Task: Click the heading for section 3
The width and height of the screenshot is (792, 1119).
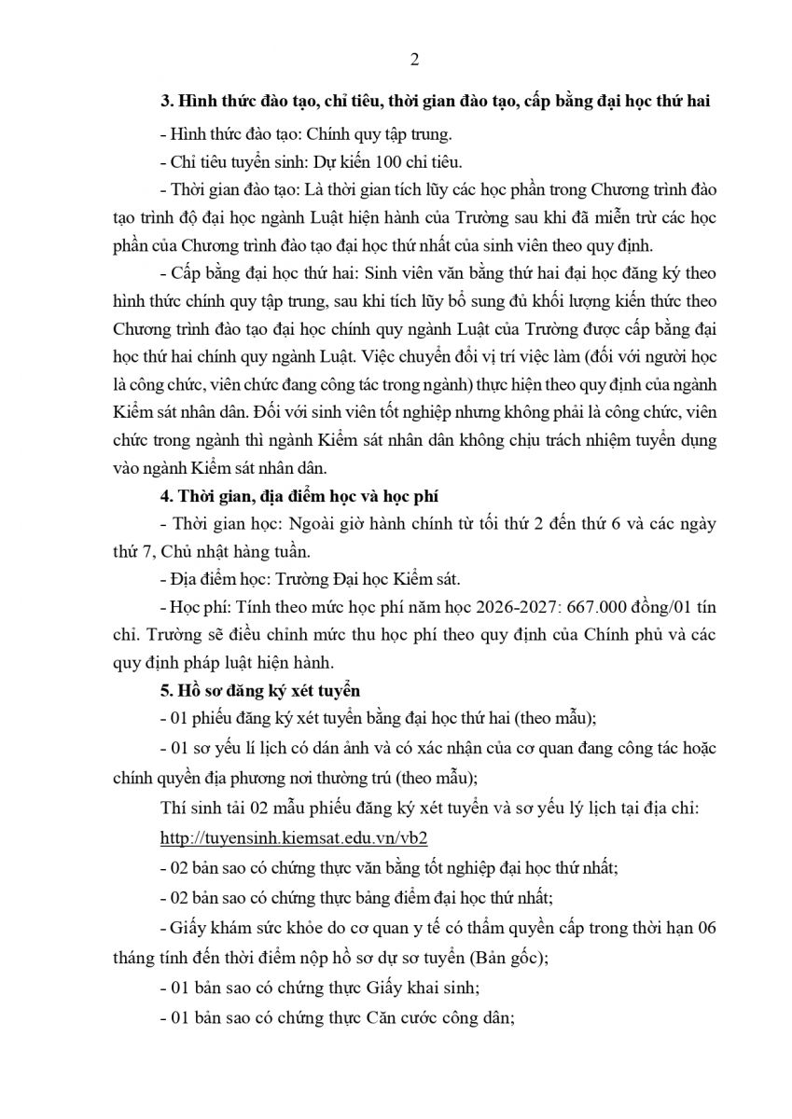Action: click(436, 102)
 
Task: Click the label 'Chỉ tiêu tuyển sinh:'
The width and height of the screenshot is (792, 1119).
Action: click(222, 161)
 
